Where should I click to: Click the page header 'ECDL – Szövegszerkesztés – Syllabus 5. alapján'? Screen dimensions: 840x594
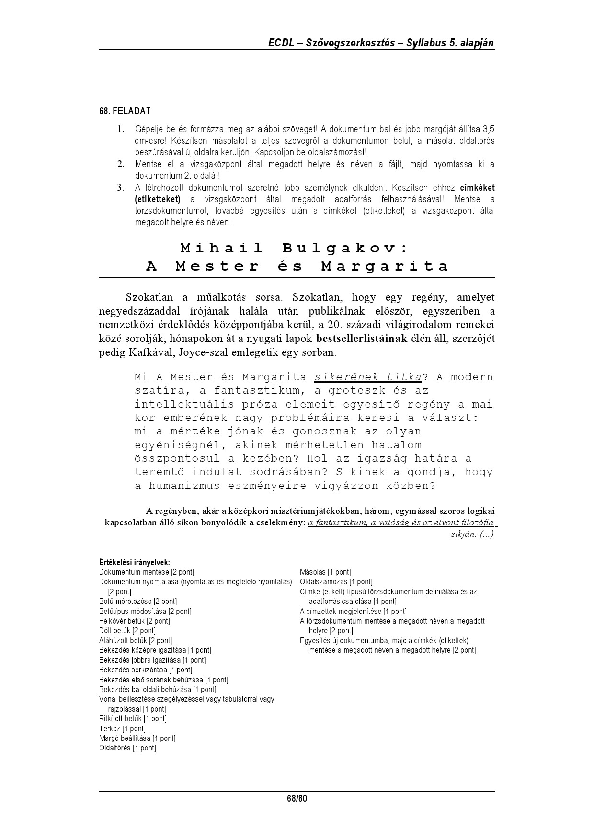(x=381, y=43)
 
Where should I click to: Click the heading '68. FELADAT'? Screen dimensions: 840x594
(x=125, y=111)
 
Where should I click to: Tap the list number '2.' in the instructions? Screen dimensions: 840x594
(x=121, y=164)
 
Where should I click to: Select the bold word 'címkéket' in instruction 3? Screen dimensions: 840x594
(x=478, y=188)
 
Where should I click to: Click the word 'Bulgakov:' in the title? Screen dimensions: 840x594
(x=344, y=248)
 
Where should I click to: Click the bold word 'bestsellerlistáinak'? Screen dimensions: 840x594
(x=362, y=339)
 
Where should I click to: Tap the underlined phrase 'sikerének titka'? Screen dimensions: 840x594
(x=368, y=377)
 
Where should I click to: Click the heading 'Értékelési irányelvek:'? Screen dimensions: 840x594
(x=135, y=562)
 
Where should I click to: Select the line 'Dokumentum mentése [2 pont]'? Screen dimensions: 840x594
(x=147, y=572)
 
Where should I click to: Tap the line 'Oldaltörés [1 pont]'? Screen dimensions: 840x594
(x=127, y=748)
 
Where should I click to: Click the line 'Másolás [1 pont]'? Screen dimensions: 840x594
(x=325, y=572)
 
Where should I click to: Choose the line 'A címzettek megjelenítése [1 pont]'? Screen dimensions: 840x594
(x=353, y=611)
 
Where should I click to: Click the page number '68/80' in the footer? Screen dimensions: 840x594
(x=297, y=798)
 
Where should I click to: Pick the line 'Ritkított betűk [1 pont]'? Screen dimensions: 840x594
(x=133, y=718)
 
